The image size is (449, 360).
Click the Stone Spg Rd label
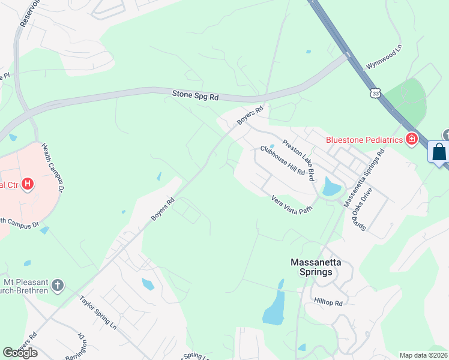[x=196, y=95]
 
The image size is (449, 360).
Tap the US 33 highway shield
[x=375, y=93]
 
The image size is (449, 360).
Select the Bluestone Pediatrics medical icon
[x=411, y=140]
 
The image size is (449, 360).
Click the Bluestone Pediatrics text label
[x=364, y=140]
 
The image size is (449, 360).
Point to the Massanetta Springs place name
[x=312, y=267]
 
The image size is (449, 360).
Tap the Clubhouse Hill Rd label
[x=283, y=161]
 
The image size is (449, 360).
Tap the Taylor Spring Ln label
[x=98, y=312]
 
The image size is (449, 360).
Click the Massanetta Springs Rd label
[x=364, y=179]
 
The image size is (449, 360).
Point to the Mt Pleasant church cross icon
[x=58, y=285]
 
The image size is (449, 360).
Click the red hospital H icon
[x=27, y=184]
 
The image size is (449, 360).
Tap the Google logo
[x=20, y=353]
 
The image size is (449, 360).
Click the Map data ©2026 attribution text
[x=423, y=355]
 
